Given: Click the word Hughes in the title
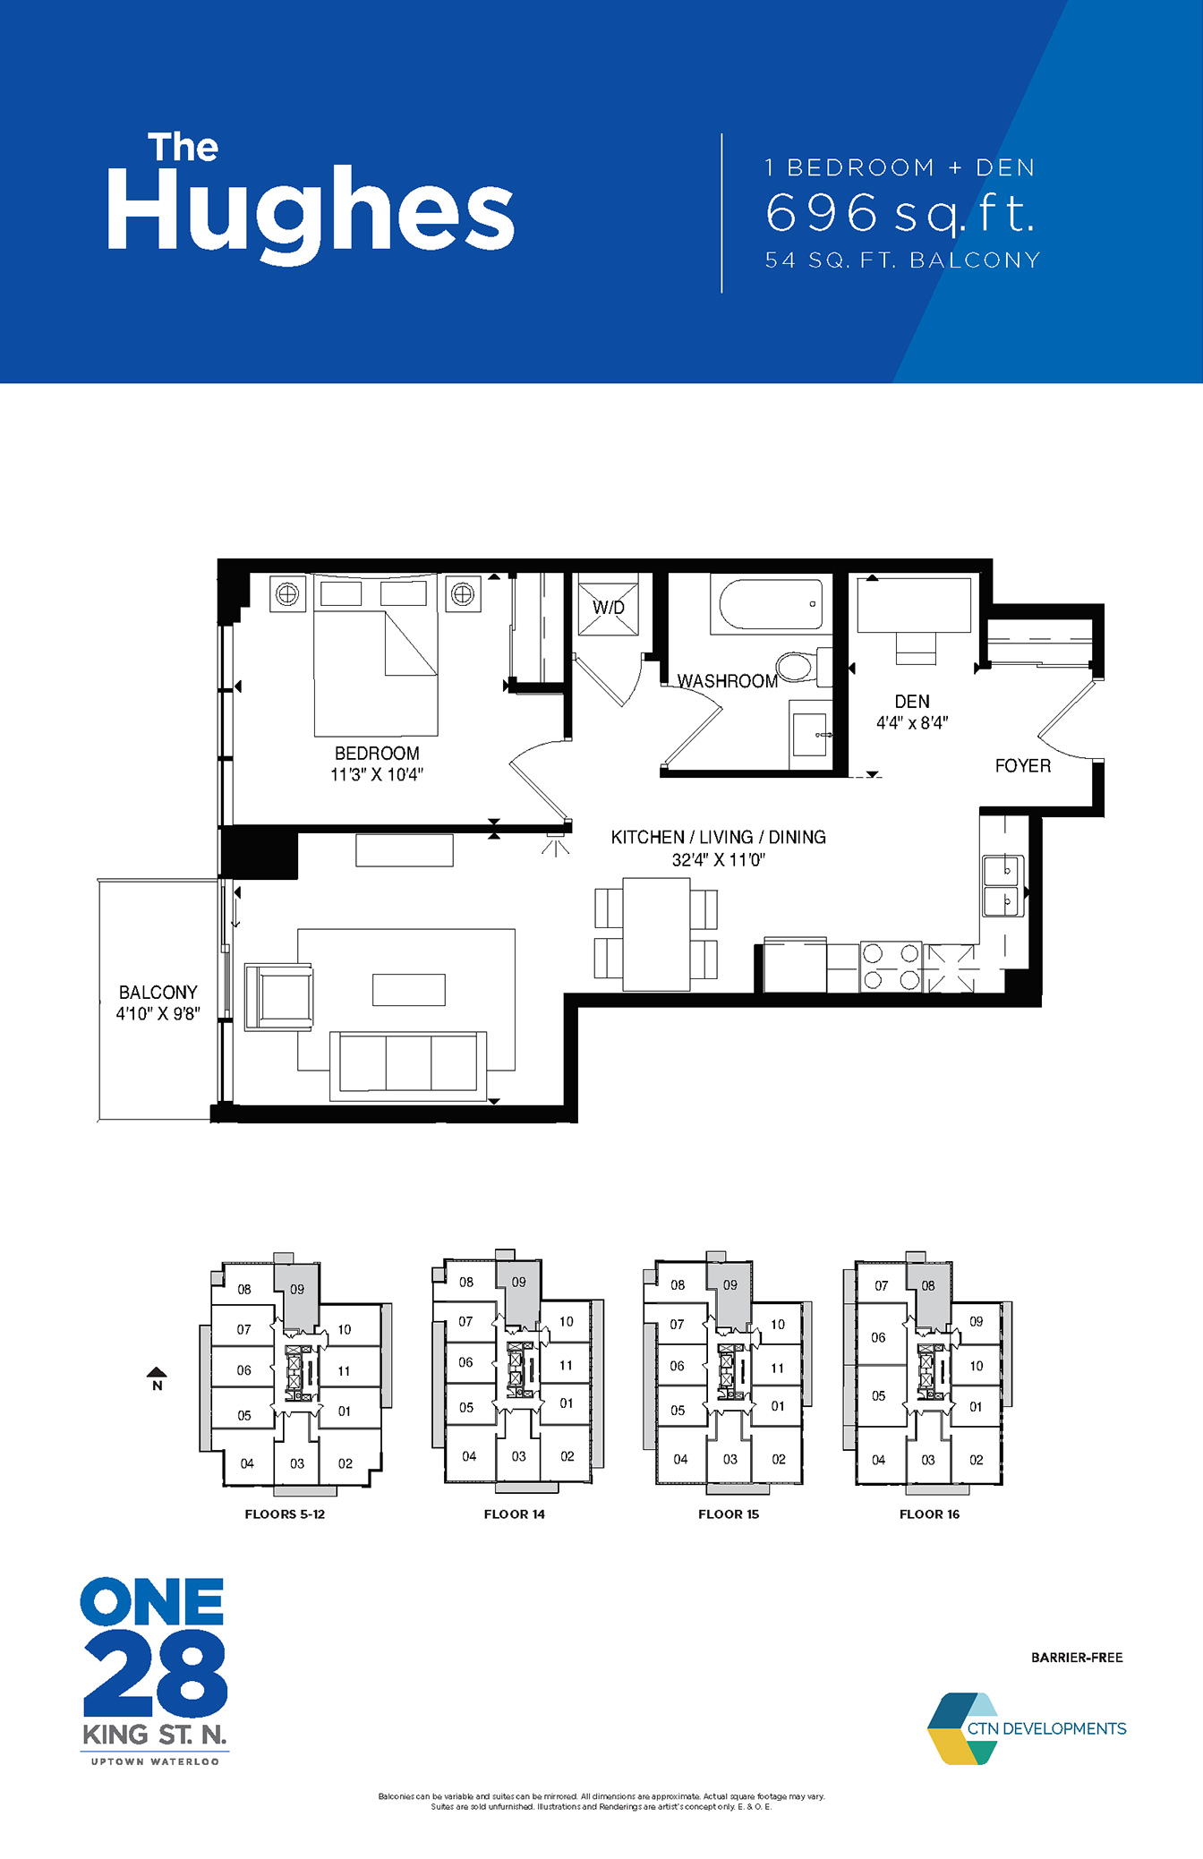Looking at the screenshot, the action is [x=311, y=212].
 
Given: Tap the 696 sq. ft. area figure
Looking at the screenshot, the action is [x=900, y=213].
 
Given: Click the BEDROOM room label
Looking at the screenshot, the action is [x=377, y=754].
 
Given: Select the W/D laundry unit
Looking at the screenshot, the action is [x=609, y=608].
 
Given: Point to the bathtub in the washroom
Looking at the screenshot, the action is [x=771, y=606].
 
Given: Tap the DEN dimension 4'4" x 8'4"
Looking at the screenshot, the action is [x=912, y=722].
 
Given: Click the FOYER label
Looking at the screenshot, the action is [x=1023, y=766].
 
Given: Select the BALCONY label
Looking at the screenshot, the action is [x=158, y=993].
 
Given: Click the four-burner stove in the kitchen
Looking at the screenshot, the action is [x=892, y=967].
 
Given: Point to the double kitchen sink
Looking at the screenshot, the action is [x=1003, y=885].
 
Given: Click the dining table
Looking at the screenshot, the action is [x=656, y=934].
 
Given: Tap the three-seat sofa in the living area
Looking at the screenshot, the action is [x=409, y=1065].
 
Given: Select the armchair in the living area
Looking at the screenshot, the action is [x=278, y=996].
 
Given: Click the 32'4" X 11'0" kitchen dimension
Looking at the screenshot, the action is [x=719, y=860].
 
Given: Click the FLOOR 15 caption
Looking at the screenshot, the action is [x=729, y=1514].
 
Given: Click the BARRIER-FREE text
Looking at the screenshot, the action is [x=1077, y=1658].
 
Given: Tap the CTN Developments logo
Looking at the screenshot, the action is [x=1027, y=1728].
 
